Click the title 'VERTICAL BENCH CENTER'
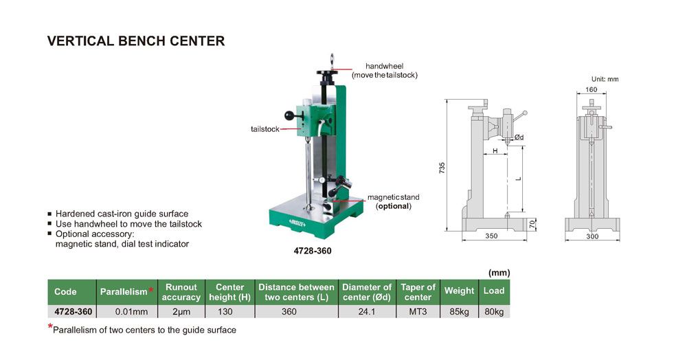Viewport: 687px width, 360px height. click(x=136, y=41)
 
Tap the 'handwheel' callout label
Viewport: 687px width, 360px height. click(x=385, y=66)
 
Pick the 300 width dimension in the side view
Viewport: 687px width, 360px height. click(x=592, y=236)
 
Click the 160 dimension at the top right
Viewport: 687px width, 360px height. click(x=591, y=90)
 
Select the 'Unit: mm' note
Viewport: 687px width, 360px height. click(x=605, y=79)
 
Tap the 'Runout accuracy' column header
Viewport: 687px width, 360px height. click(x=181, y=291)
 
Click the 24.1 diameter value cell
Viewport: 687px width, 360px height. click(x=367, y=311)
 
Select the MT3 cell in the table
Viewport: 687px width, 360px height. click(x=418, y=311)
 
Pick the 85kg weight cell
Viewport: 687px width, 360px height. click(x=459, y=311)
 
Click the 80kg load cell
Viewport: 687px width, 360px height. click(x=493, y=311)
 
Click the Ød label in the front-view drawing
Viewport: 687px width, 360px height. click(x=519, y=137)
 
